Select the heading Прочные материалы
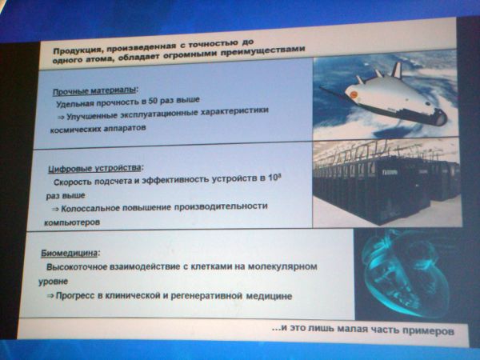point(94,91)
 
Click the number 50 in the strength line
point(153,101)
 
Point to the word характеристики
point(234,111)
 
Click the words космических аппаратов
point(98,129)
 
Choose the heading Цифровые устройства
point(94,168)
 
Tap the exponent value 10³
point(275,178)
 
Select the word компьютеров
point(72,222)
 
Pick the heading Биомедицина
point(70,253)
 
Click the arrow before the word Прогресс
point(50,296)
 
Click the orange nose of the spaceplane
point(353,94)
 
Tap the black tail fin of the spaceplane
point(397,70)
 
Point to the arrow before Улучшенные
point(61,117)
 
